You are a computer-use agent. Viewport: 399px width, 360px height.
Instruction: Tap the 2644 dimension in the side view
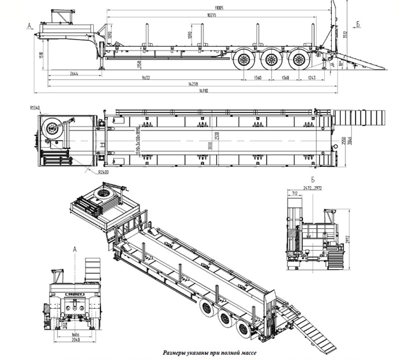73,74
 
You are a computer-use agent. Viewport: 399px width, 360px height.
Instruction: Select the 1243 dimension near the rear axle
311,77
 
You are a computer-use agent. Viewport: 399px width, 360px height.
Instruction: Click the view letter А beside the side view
29,26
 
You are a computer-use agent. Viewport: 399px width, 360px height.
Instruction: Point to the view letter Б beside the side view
359,24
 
